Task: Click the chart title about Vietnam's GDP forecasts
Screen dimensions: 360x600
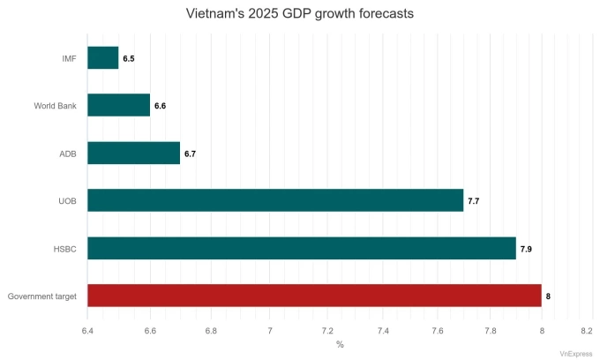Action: pos(300,14)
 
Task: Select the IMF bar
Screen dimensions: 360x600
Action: pos(103,58)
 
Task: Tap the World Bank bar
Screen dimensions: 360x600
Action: pos(119,106)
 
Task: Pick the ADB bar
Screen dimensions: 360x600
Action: pos(134,154)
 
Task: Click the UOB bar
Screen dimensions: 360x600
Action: pos(275,201)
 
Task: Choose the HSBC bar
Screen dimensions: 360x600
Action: pos(302,249)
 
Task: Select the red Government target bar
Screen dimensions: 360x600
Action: pos(315,296)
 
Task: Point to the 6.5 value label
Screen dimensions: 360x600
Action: pos(129,58)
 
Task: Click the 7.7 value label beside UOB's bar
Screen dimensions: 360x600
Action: pos(473,201)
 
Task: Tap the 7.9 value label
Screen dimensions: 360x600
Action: pos(526,249)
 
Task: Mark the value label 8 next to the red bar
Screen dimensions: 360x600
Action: pos(548,296)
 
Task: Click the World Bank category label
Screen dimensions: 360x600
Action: pos(56,106)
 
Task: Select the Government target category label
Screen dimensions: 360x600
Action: pos(42,296)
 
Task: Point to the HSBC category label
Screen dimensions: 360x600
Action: pos(65,249)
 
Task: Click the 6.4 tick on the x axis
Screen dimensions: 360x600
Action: pos(88,330)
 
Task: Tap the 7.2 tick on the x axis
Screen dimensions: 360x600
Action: pos(326,330)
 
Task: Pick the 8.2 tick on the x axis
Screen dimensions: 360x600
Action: pos(587,330)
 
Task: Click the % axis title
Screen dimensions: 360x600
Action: pos(340,344)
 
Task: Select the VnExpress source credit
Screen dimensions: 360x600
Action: pos(575,352)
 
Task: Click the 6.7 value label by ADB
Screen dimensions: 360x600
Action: pos(190,154)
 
